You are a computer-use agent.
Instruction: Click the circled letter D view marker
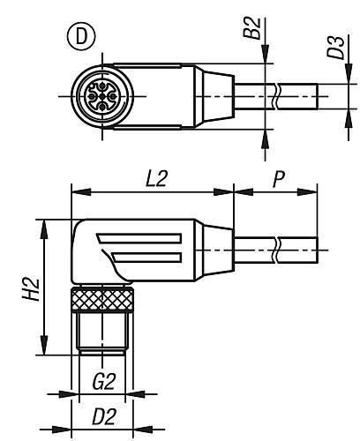pos(81,37)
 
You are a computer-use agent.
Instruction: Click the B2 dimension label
pos(252,28)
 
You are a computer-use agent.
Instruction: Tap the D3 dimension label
pos(335,48)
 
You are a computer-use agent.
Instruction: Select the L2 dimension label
pos(156,179)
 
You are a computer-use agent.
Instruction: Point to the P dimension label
pos(278,179)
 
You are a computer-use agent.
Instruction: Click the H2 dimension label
pos(31,289)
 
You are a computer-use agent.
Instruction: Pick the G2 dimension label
pos(103,382)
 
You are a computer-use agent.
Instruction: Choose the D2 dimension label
pos(103,416)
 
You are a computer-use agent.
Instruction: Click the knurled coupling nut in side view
pos(102,300)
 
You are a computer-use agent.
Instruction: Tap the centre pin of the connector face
pos(102,96)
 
